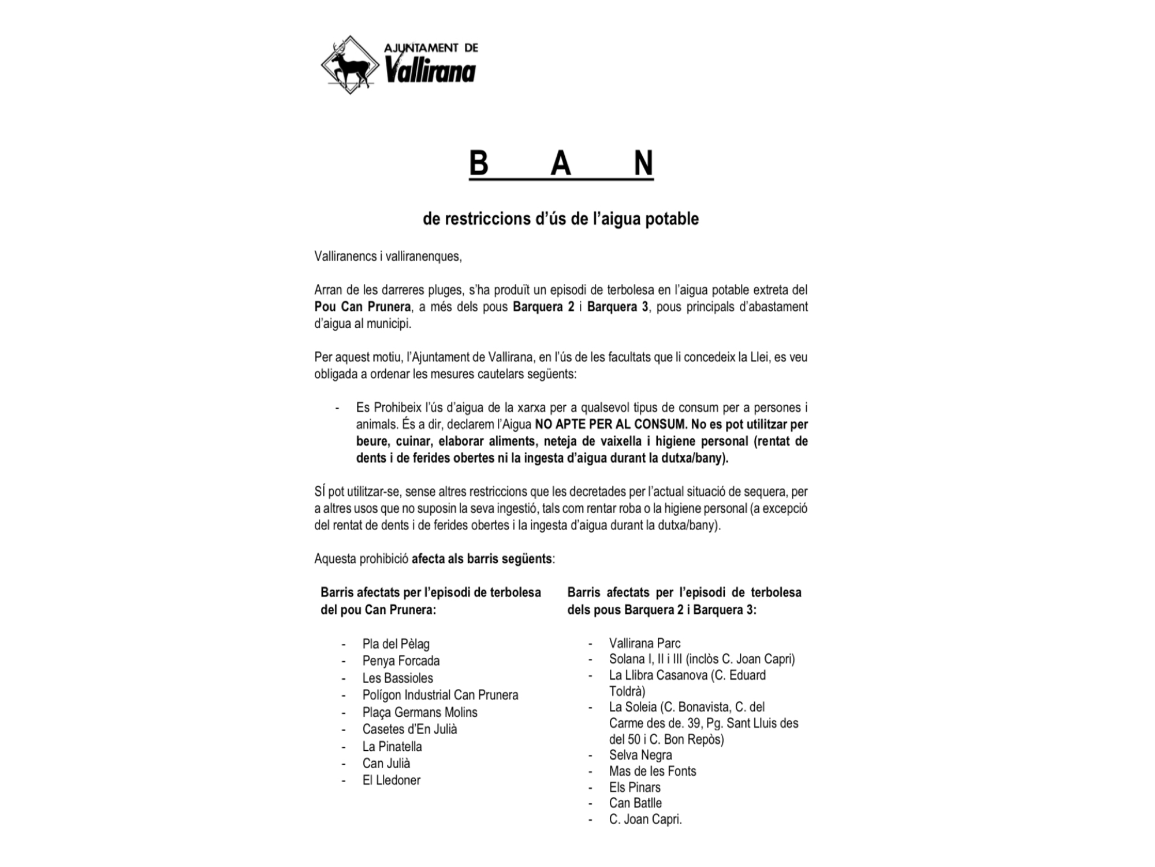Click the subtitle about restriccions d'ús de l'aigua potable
point(560,219)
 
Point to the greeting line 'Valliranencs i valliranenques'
point(388,256)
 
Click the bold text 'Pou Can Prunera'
point(363,306)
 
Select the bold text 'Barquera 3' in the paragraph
point(617,306)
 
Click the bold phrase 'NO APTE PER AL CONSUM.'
point(611,424)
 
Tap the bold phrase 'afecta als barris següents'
point(482,559)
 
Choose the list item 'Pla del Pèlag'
point(396,644)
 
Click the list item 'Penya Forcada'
point(401,661)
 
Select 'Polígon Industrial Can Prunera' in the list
point(440,695)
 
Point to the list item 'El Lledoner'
point(392,780)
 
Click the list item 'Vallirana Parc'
point(644,643)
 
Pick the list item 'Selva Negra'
point(640,755)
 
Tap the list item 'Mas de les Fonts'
point(653,771)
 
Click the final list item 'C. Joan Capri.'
point(645,819)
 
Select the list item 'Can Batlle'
point(635,803)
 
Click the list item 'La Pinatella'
point(392,746)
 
